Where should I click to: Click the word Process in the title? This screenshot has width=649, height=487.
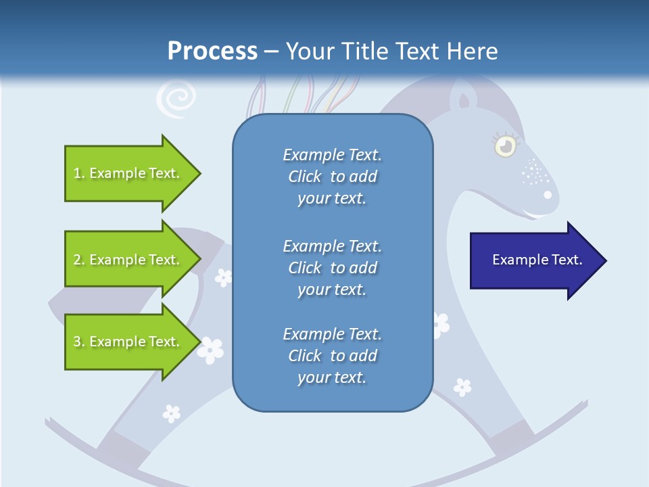212,51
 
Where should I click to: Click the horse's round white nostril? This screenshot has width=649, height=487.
548,195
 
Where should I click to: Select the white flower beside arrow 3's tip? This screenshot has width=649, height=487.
210,350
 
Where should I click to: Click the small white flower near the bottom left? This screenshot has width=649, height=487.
172,412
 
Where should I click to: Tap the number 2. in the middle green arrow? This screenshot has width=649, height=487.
78,260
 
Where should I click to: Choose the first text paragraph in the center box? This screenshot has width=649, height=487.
332,177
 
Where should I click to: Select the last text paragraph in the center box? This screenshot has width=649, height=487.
332,356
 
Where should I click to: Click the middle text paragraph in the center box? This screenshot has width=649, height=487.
332,268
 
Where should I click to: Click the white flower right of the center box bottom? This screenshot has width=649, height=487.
462,387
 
